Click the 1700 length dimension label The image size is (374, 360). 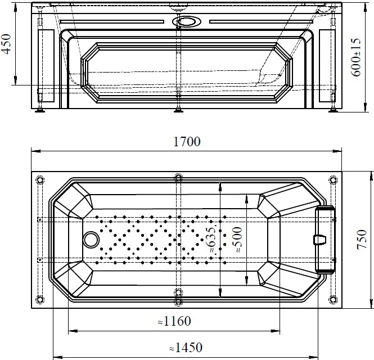(x=187, y=142)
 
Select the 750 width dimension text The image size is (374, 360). (x=362, y=239)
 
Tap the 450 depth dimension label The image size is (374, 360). (x=6, y=44)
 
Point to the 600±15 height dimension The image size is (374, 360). (x=357, y=57)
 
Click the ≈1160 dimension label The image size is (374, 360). (x=174, y=321)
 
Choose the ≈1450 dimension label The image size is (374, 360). (x=186, y=348)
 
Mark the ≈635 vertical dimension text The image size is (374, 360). (x=211, y=239)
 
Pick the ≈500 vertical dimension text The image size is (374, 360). (x=237, y=239)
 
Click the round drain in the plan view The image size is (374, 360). (x=91, y=240)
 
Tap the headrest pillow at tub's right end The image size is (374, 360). (x=325, y=240)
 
